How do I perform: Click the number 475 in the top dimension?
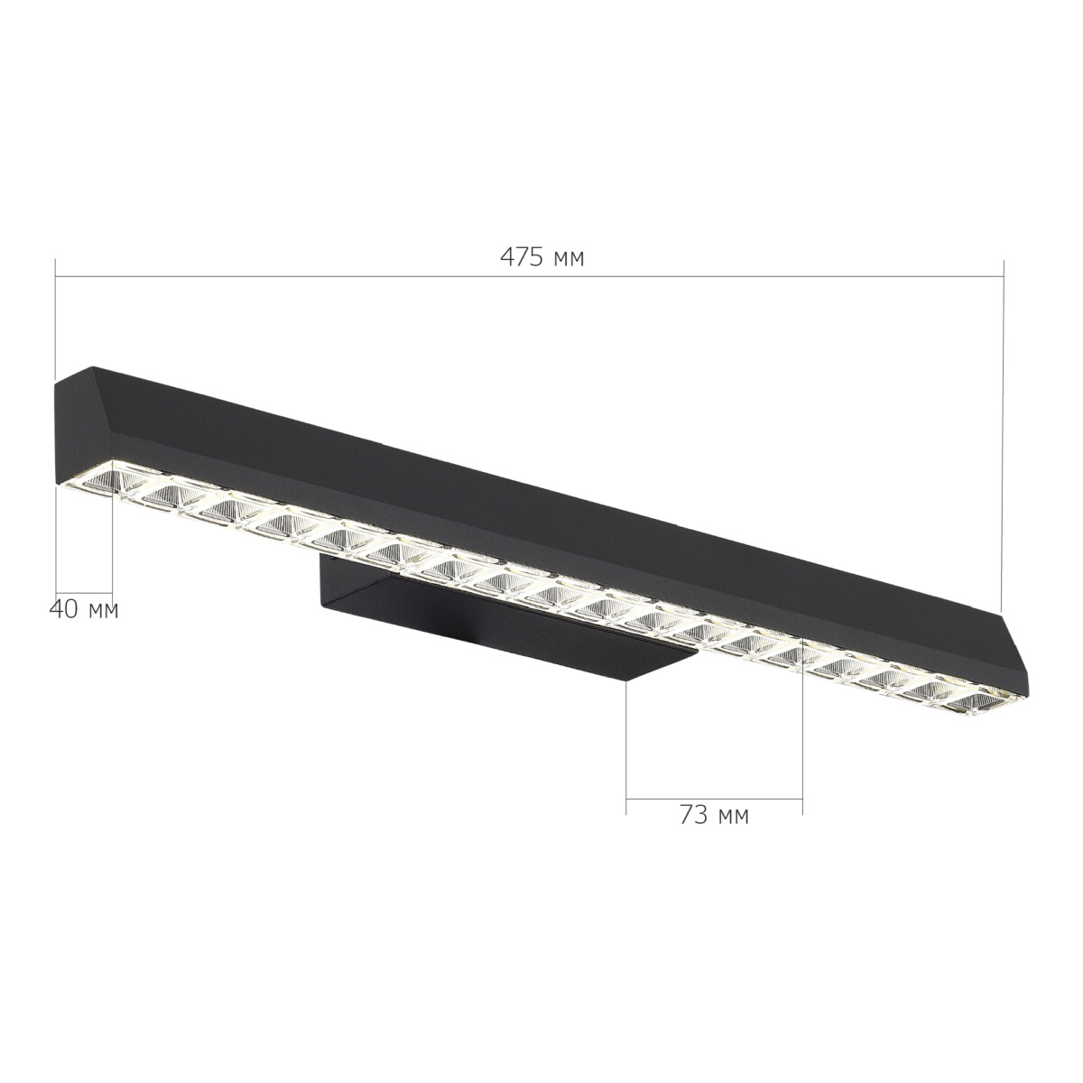522,258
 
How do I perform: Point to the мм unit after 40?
103,611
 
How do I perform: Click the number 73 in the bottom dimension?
692,815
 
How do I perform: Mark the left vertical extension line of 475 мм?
55,316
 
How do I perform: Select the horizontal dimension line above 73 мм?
714,799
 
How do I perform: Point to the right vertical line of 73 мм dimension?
802,740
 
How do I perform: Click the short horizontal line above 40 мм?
84,588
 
